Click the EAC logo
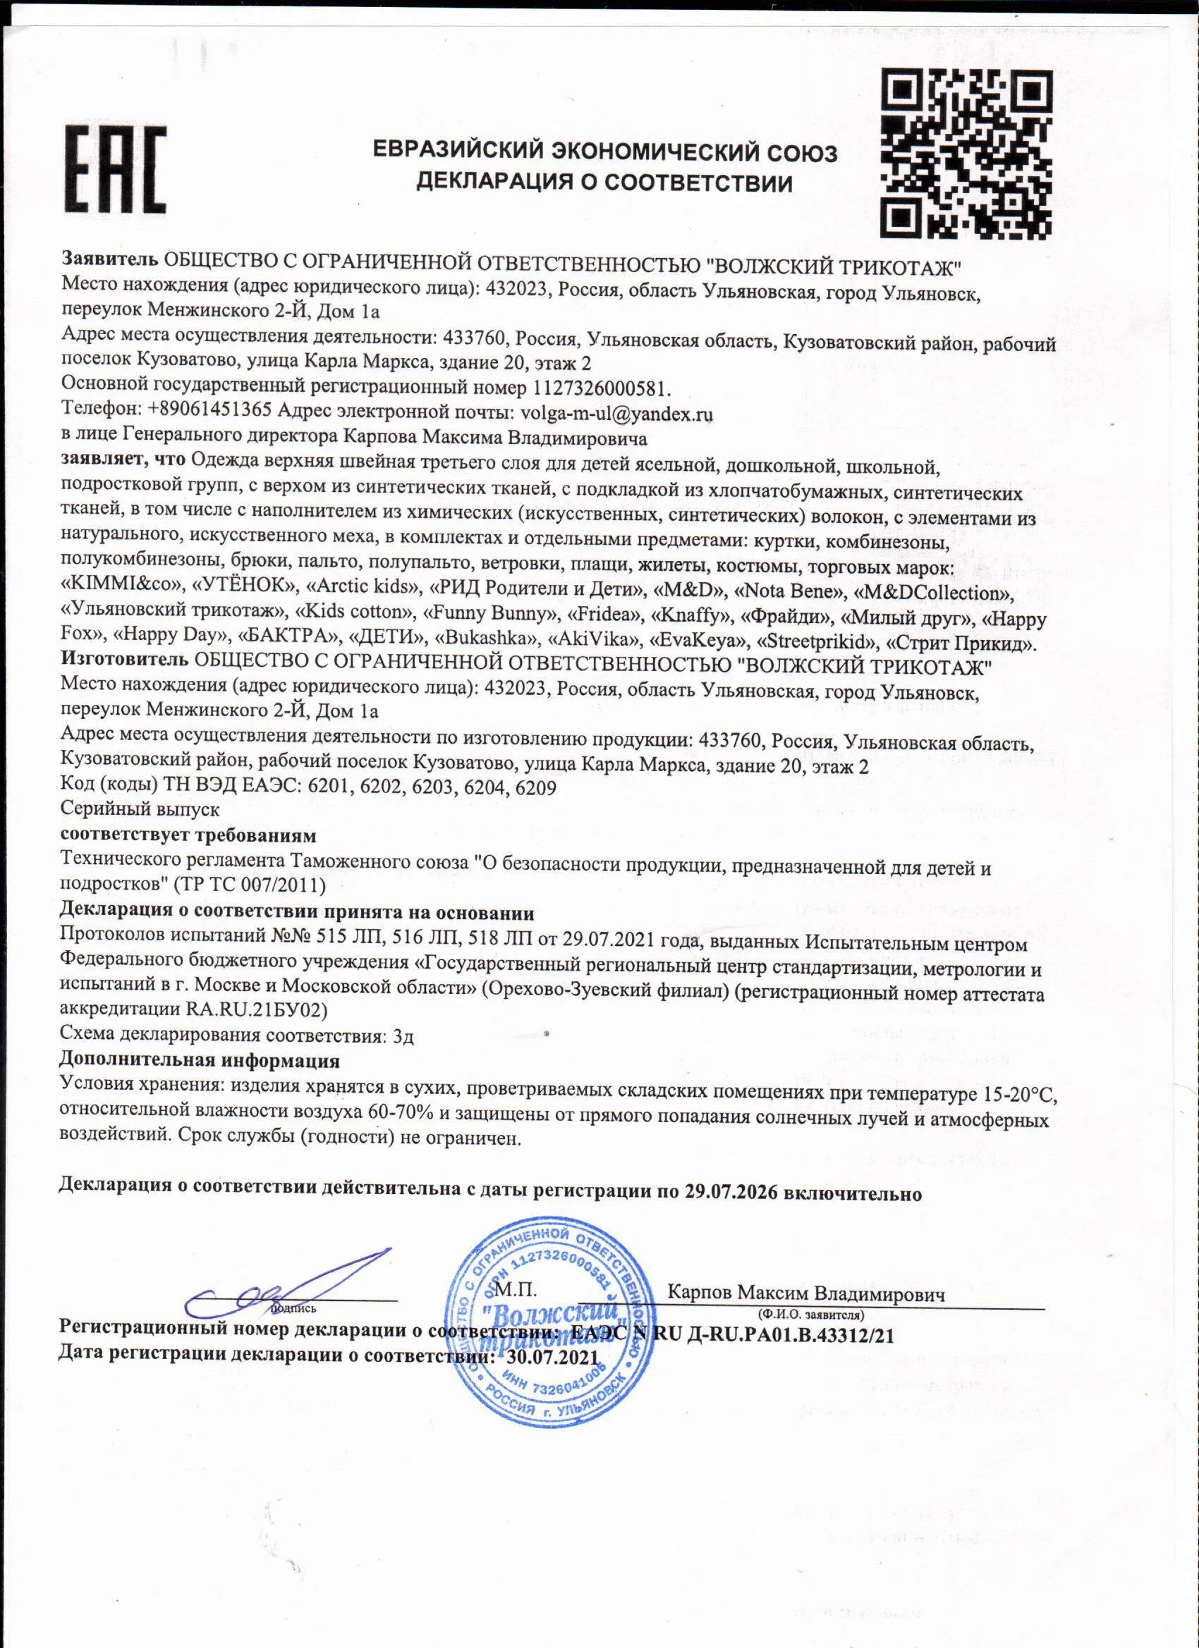tap(116, 169)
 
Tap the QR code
tap(966, 154)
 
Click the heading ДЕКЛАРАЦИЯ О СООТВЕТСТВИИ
tap(604, 183)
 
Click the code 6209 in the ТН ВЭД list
tap(535, 787)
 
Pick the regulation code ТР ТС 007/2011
tap(250, 885)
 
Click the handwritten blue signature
tap(291, 1286)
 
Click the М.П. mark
tap(515, 1290)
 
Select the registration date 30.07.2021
tap(553, 1358)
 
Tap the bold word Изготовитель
tap(124, 661)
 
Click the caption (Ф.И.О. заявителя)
tap(810, 1315)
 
